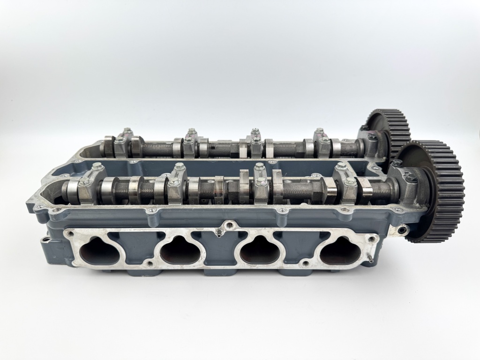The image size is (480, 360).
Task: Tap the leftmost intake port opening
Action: (x=99, y=252)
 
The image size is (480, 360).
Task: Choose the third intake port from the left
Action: (x=260, y=252)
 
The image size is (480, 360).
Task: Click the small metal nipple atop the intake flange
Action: (x=218, y=232)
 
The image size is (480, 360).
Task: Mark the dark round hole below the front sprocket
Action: (x=402, y=230)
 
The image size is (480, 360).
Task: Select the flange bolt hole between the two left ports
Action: (x=149, y=263)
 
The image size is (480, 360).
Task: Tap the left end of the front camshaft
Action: (x=67, y=190)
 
